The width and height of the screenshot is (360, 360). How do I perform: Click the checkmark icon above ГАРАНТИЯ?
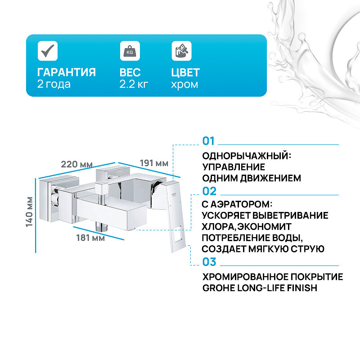pos(48,50)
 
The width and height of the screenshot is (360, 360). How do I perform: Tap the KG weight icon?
pos(130,50)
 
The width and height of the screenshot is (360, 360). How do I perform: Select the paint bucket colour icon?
pos(181,50)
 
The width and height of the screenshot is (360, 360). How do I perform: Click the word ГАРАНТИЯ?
pos(67,72)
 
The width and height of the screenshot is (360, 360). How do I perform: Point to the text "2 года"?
pos(54,84)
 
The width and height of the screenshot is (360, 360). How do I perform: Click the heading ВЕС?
pos(130,72)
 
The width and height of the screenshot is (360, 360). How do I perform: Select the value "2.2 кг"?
pos(134,84)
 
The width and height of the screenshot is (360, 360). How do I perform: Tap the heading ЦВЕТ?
pos(185,72)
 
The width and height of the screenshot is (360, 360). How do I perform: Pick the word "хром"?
pos(184,84)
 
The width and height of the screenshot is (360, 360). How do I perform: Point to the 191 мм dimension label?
pos(153,163)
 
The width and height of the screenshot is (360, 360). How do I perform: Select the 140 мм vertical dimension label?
pos(30,211)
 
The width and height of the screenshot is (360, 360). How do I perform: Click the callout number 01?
pos(209,141)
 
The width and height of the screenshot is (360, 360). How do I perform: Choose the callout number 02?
pos(210,191)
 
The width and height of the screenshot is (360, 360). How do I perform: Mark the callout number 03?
pos(210,262)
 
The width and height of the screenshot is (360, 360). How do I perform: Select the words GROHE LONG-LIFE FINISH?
pos(260,288)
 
